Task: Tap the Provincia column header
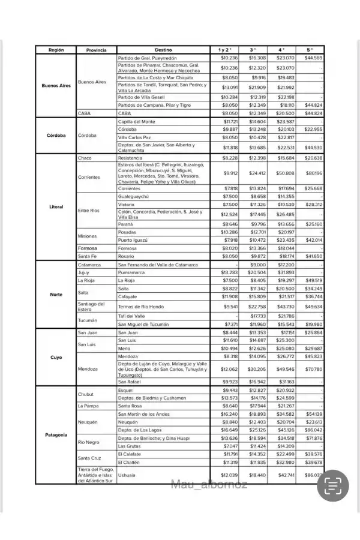click(x=96, y=50)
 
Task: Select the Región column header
click(x=56, y=50)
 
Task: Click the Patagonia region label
click(x=56, y=434)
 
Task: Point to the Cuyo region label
click(x=56, y=357)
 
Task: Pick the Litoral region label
click(x=56, y=207)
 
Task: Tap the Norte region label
click(x=56, y=294)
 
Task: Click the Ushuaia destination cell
click(x=127, y=475)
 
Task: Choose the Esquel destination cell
click(x=125, y=390)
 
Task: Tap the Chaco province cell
click(x=85, y=158)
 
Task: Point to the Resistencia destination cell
click(x=131, y=158)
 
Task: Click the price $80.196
click(x=313, y=173)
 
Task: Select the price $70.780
click(x=313, y=369)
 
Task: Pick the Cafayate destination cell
click(x=128, y=296)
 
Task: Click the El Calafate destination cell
click(x=130, y=454)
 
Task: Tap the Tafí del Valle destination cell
click(x=131, y=316)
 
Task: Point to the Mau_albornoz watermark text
click(x=209, y=484)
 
